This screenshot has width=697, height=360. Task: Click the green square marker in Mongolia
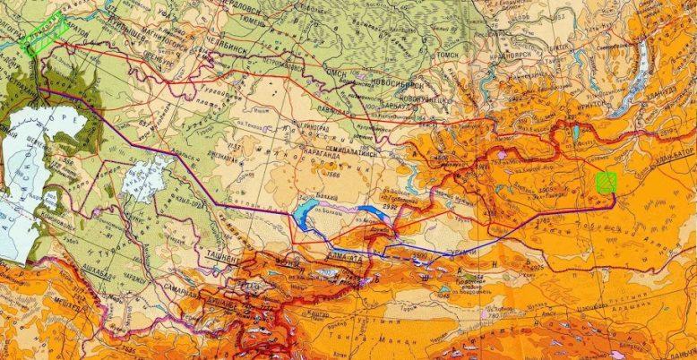(607, 183)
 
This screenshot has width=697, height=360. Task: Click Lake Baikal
(641, 63)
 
